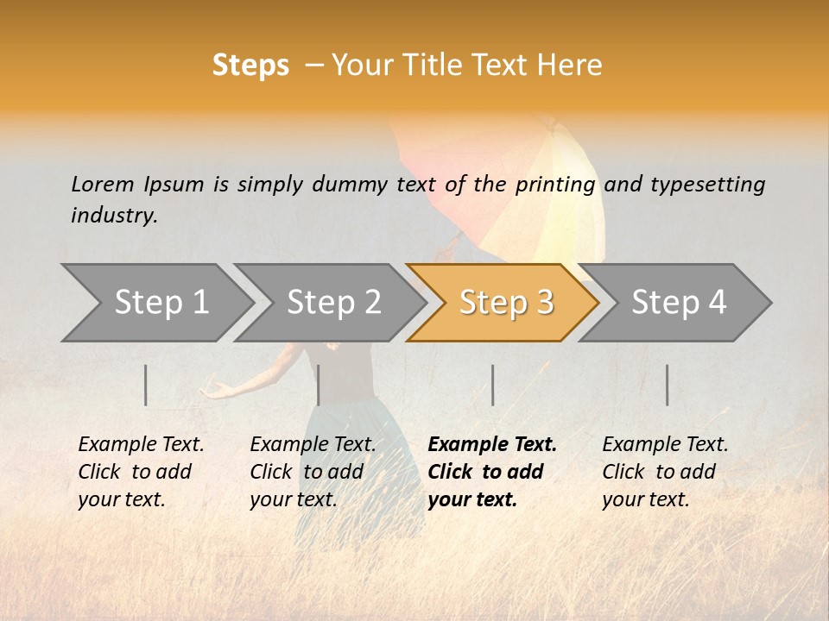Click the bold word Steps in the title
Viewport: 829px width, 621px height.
(x=250, y=66)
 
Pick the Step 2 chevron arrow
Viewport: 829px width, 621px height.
(x=333, y=303)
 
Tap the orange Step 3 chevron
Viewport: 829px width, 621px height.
(x=505, y=303)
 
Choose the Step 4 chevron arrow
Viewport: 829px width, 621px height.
(x=679, y=303)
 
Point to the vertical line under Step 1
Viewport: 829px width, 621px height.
(x=146, y=385)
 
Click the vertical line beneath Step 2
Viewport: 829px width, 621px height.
(x=319, y=385)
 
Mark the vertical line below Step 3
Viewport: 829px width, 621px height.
(x=493, y=385)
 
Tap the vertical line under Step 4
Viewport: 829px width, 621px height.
(x=667, y=385)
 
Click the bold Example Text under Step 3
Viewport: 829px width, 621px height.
(x=492, y=445)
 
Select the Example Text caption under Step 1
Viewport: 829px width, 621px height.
(x=141, y=445)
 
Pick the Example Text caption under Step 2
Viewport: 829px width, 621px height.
(x=313, y=445)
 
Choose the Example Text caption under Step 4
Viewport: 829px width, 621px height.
(x=665, y=445)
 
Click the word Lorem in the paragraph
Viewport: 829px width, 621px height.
(x=103, y=185)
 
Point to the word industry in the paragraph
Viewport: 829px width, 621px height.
(x=114, y=216)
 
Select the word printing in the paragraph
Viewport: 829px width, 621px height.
(x=555, y=185)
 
